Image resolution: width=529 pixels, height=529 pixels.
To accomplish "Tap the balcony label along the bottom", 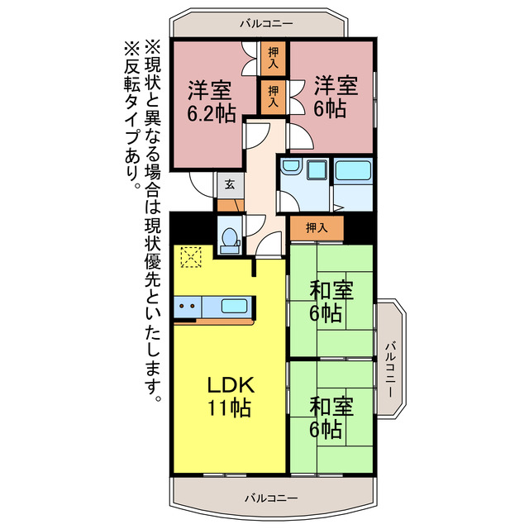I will point(271,498).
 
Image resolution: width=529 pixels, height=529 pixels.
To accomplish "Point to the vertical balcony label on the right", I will point(389,365).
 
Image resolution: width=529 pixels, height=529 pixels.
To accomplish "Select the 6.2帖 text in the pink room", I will point(209,113).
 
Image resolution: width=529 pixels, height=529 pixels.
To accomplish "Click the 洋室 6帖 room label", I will point(335,97).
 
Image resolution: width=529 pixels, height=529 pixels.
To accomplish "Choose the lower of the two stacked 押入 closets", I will point(274,96).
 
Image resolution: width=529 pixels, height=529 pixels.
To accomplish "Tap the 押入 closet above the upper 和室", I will point(315,227).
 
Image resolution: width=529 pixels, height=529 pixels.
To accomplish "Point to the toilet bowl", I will point(228,238).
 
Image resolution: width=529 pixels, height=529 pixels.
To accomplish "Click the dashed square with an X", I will point(190,259).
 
